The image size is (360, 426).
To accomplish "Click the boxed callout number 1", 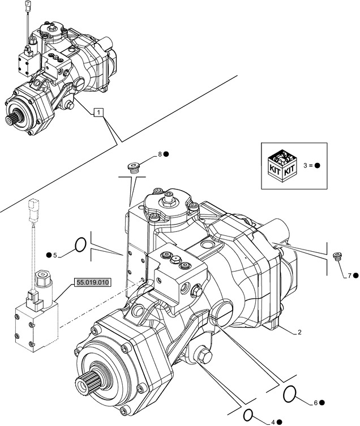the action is pyautogui.click(x=98, y=112).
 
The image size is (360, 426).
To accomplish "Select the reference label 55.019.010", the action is pyautogui.click(x=92, y=282).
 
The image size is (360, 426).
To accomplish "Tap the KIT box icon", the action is pyautogui.click(x=282, y=165).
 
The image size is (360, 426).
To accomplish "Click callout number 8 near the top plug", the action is pyautogui.click(x=160, y=154).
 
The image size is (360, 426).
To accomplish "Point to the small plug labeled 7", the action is pyautogui.click(x=337, y=256).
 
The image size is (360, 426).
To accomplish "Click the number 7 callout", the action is pyautogui.click(x=349, y=276).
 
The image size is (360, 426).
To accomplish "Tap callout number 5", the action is pyautogui.click(x=55, y=255).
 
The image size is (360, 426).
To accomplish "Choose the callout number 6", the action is pyautogui.click(x=316, y=403).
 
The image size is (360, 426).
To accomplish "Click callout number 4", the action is pyautogui.click(x=273, y=422).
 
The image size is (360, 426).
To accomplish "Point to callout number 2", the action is pyautogui.click(x=299, y=332).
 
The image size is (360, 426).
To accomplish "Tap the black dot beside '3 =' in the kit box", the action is pyautogui.click(x=317, y=165).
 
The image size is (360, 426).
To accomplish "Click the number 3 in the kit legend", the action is pyautogui.click(x=305, y=165).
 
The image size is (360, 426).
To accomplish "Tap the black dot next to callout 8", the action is pyautogui.click(x=166, y=154).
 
